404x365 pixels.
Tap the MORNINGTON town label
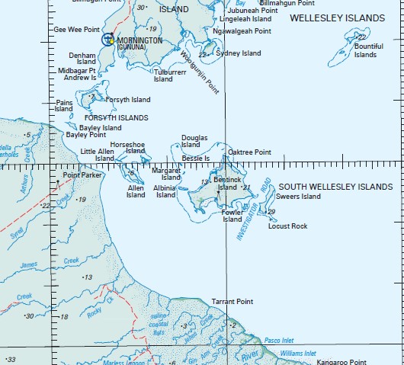coord(139,40)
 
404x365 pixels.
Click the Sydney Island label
coord(238,53)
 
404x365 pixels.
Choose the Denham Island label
coord(82,59)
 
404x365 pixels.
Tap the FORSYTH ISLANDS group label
coord(116,118)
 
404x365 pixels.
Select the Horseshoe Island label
coord(127,147)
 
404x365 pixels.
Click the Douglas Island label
coord(190,141)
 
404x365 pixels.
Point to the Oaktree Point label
coord(249,152)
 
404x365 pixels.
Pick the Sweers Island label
coord(298,197)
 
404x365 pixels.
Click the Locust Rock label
coord(287,226)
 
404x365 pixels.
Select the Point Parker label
coord(82,175)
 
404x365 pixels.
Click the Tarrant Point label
coord(232,302)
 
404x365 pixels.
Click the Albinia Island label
coord(166,191)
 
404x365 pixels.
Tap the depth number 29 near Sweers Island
coord(271,212)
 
